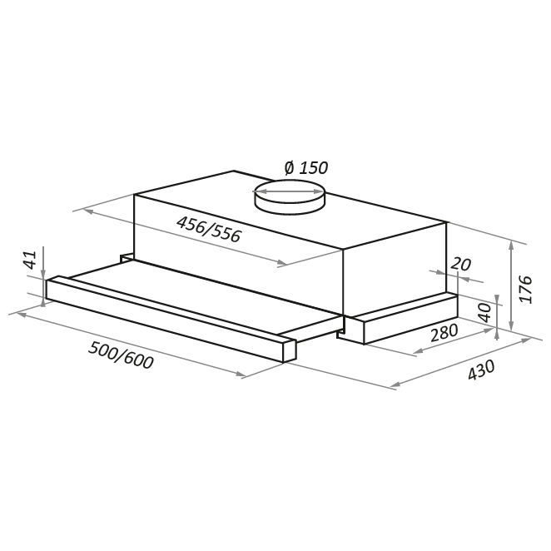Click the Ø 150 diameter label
306,167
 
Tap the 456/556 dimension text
209,229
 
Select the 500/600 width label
121,355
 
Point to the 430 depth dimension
481,370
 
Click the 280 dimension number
444,332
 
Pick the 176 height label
526,290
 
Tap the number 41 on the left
31,260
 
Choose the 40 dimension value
485,312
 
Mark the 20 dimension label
460,264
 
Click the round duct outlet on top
289,196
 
